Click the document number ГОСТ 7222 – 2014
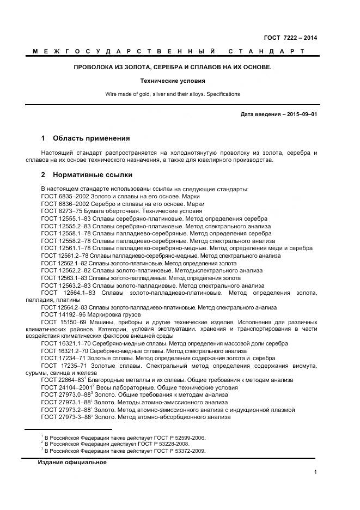click(x=290, y=38)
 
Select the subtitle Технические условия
click(x=173, y=81)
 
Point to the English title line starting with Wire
click(x=173, y=94)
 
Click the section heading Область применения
click(x=91, y=138)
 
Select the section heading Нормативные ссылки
click(x=92, y=175)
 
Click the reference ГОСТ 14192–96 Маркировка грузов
click(x=91, y=314)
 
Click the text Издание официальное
click(x=72, y=463)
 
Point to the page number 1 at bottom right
click(x=315, y=472)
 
